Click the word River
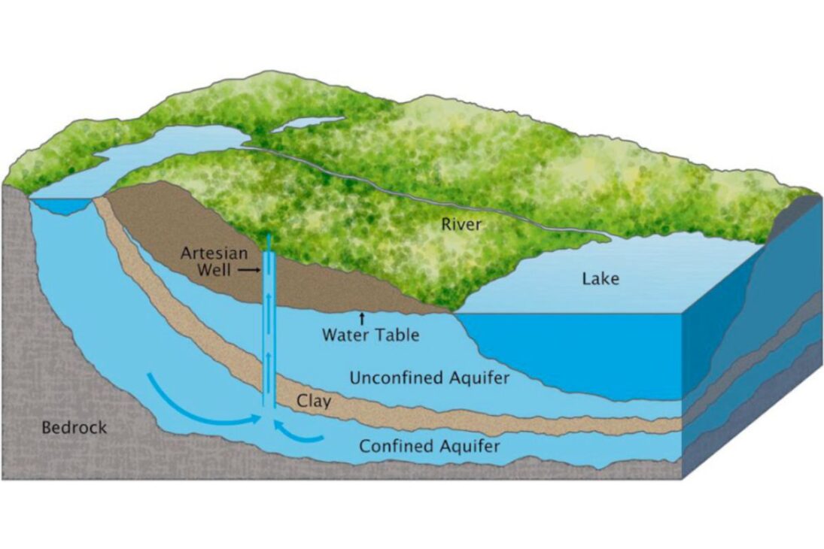pyautogui.click(x=461, y=223)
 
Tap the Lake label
pyautogui.click(x=601, y=279)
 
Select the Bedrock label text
pyautogui.click(x=74, y=428)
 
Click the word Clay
pyautogui.click(x=314, y=402)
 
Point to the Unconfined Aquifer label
pyautogui.click(x=429, y=378)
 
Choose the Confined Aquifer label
pyautogui.click(x=430, y=447)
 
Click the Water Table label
pyautogui.click(x=371, y=335)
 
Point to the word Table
pyautogui.click(x=399, y=335)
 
